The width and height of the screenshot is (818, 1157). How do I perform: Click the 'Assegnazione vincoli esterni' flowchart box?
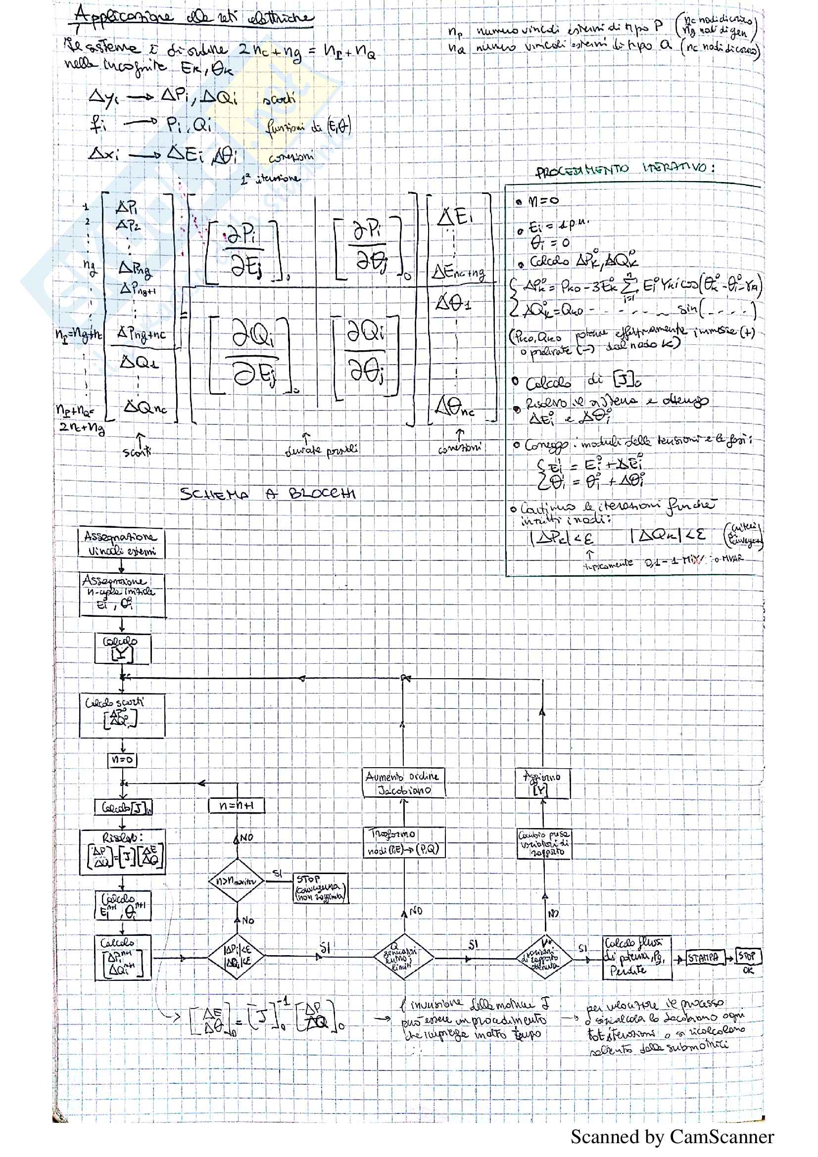[x=121, y=542]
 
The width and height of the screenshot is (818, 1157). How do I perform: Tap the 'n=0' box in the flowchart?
[x=122, y=759]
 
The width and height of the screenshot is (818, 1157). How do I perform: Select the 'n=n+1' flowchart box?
[x=237, y=806]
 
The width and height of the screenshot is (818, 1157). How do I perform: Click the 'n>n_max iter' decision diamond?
[x=236, y=881]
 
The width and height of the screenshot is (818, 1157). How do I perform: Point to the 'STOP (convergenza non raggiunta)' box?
[x=321, y=888]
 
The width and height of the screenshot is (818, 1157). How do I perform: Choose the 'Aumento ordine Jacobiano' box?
[x=404, y=783]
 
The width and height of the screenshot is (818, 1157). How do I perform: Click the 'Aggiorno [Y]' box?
[x=542, y=783]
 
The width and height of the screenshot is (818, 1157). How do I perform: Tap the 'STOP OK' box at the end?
[x=748, y=956]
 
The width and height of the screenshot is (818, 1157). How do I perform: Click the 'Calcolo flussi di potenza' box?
[x=637, y=957]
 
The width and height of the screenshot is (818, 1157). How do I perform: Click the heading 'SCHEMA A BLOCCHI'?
[x=268, y=494]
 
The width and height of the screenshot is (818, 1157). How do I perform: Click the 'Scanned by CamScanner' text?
[x=672, y=1137]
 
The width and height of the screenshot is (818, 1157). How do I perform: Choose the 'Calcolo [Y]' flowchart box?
[x=122, y=648]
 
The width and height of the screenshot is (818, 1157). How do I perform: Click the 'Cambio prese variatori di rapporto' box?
[x=544, y=843]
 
